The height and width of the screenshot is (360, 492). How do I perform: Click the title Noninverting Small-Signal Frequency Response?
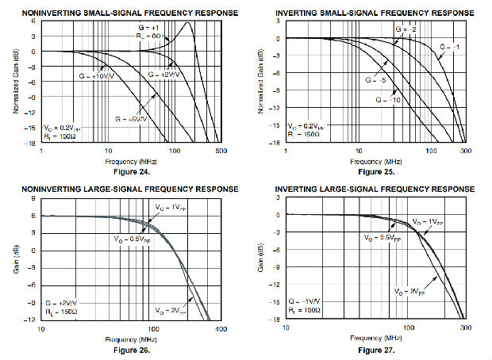(x=122, y=12)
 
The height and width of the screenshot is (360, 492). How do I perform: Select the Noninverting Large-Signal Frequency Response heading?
(x=122, y=190)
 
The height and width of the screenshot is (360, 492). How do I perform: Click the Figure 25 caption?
(x=375, y=172)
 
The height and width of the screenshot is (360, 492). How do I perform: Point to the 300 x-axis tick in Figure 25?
(x=467, y=150)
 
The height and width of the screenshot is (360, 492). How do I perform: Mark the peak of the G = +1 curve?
(x=189, y=22)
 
